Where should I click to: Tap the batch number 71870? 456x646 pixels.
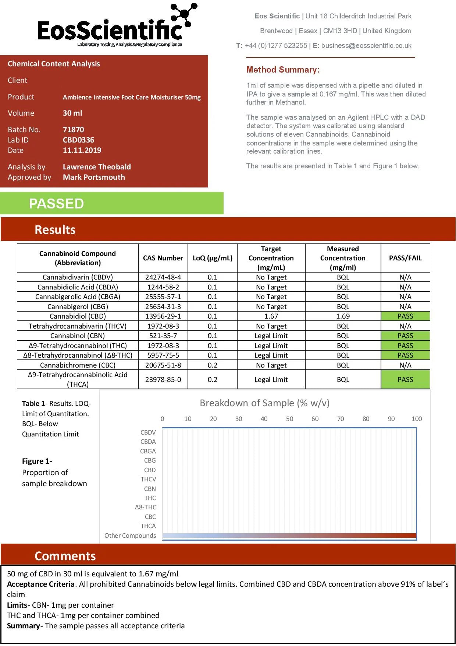73,130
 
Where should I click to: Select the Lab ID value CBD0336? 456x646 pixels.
78,140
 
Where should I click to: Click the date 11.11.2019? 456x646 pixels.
82,150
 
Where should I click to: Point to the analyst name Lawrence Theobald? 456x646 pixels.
97,167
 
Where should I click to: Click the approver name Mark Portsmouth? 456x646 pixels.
94,177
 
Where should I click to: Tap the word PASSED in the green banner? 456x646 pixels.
56,204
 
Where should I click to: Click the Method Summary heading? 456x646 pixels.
283,70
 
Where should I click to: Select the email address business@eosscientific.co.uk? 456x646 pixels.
366,46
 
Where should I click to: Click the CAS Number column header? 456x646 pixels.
163,258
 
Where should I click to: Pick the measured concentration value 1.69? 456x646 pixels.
343,316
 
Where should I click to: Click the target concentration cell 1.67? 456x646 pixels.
271,316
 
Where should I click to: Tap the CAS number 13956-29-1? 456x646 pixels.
163,316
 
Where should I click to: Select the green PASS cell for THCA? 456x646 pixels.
405,380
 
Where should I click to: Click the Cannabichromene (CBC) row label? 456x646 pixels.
78,365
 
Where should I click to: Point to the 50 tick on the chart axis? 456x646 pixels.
289,419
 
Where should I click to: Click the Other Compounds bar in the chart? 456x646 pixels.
289,536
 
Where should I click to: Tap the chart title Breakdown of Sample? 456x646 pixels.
264,403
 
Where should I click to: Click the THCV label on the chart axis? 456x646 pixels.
148,479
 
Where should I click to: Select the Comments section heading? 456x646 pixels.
65,556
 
